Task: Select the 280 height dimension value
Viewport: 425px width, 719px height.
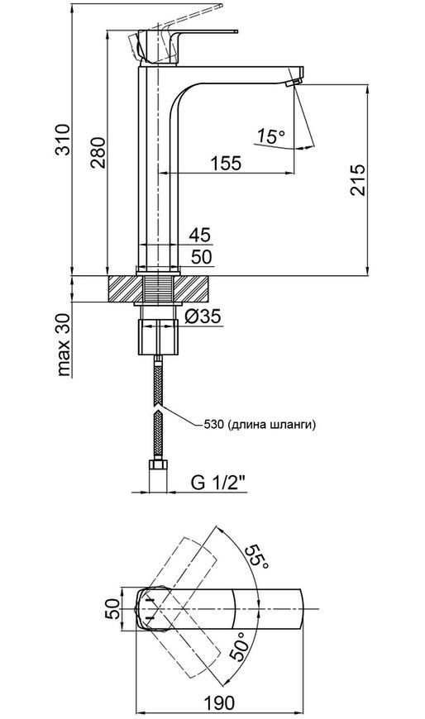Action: [98, 152]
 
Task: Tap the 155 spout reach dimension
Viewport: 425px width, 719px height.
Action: [226, 163]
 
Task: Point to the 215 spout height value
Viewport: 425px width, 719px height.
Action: [358, 180]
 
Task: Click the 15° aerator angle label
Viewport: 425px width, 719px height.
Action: [270, 136]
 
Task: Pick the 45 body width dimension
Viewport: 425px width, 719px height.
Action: [200, 236]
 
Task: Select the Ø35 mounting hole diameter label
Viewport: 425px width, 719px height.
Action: [202, 316]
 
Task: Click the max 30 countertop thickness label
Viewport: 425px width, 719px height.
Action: [64, 345]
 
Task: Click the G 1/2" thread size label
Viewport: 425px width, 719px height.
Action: [218, 483]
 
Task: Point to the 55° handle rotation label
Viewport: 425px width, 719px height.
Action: [256, 559]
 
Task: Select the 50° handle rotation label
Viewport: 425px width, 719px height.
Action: [241, 645]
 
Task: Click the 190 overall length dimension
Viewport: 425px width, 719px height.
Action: [218, 702]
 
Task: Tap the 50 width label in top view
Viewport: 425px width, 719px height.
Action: [113, 609]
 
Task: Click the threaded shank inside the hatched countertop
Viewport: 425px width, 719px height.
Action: [158, 289]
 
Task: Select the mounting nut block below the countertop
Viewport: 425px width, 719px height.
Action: [157, 337]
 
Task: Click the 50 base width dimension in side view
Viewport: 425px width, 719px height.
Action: [202, 257]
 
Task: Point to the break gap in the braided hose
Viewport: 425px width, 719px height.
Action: [158, 408]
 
